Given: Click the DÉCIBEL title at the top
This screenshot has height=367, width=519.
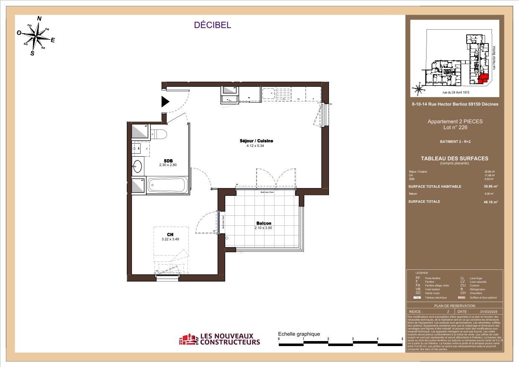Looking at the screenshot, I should pos(212,25).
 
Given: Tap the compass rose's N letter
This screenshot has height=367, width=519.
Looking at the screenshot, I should pos(40,18).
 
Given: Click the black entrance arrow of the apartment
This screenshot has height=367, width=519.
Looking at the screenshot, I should pos(165,101).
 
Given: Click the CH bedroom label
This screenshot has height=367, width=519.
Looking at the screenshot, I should pos(170,235).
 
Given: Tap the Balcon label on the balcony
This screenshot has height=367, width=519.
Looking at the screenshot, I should pos(264,223).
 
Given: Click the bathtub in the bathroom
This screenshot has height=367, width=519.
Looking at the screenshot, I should pos(168,184).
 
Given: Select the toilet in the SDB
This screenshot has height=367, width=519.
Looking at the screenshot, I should pos(159,134).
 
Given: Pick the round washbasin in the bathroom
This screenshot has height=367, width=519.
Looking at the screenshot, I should pos(137,167).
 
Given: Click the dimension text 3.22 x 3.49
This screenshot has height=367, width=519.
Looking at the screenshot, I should pos(170,239).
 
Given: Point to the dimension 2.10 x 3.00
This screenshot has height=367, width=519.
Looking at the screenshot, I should pos(263,228).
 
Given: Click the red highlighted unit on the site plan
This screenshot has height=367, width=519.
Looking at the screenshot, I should pos(483,78).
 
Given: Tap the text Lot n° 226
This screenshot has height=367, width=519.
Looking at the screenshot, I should pos(455,127).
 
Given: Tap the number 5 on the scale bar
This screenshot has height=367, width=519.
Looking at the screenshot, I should pos(402,339).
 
